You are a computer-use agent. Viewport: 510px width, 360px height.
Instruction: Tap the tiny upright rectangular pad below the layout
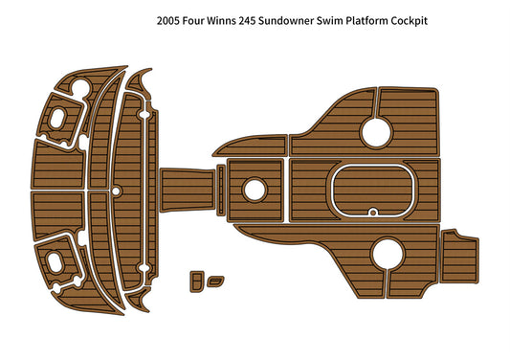[x=197, y=280]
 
